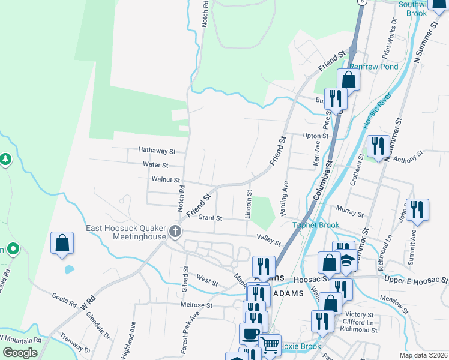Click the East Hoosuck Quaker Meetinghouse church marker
[x=175, y=231]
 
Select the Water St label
[x=155, y=164]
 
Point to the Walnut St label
[x=166, y=179]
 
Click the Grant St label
[x=210, y=218]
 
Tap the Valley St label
[x=269, y=239]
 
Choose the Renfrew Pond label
[x=375, y=67]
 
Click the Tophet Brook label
[x=316, y=226]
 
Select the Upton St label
[x=316, y=136]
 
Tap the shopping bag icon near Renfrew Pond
[x=348, y=80]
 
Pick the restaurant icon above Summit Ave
[x=417, y=210]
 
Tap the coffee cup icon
[x=250, y=334]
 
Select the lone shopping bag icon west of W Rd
[x=62, y=244]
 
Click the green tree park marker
[x=5, y=159]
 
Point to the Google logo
[x=20, y=353]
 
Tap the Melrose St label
[x=197, y=305]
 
